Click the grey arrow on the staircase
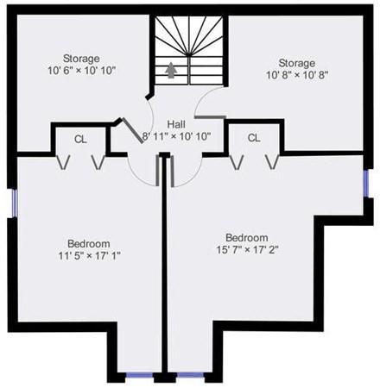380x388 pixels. pyautogui.click(x=171, y=71)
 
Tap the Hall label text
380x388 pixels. pyautogui.click(x=176, y=124)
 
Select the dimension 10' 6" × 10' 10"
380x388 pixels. pyautogui.click(x=82, y=71)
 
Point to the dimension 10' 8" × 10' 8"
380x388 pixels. pyautogui.click(x=297, y=75)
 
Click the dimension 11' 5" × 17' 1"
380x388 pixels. pyautogui.click(x=89, y=255)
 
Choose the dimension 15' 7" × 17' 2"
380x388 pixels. pyautogui.click(x=247, y=250)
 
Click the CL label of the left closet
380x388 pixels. pyautogui.click(x=80, y=140)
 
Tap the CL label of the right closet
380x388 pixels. pyautogui.click(x=254, y=138)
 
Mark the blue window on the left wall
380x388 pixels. pyautogui.click(x=15, y=203)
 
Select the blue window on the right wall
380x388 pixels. pyautogui.click(x=366, y=184)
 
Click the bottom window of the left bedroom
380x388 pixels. pyautogui.click(x=140, y=375)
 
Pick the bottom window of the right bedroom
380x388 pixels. pyautogui.click(x=190, y=375)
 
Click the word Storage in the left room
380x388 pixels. pyautogui.click(x=81, y=59)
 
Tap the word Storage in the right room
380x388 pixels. pyautogui.click(x=297, y=63)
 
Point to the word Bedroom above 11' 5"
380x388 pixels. pyautogui.click(x=89, y=244)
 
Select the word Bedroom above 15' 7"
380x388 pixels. pyautogui.click(x=247, y=238)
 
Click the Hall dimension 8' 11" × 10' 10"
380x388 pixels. pyautogui.click(x=177, y=136)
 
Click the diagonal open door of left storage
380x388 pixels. pyautogui.click(x=133, y=130)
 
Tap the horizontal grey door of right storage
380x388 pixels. pyautogui.click(x=210, y=117)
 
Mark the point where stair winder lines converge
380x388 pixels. pyautogui.click(x=188, y=54)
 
